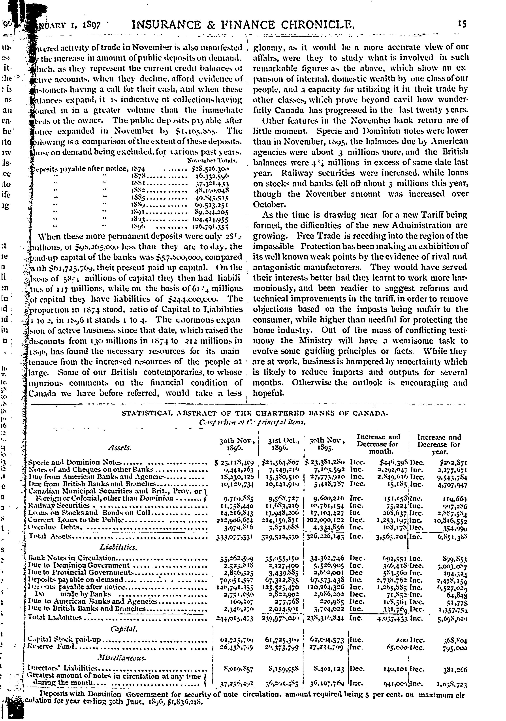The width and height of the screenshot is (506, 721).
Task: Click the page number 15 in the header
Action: pyautogui.click(x=462, y=24)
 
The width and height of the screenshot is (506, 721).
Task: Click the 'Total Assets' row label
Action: pyautogui.click(x=50, y=536)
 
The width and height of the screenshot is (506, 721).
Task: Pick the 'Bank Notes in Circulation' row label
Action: pyautogui.click(x=72, y=558)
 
